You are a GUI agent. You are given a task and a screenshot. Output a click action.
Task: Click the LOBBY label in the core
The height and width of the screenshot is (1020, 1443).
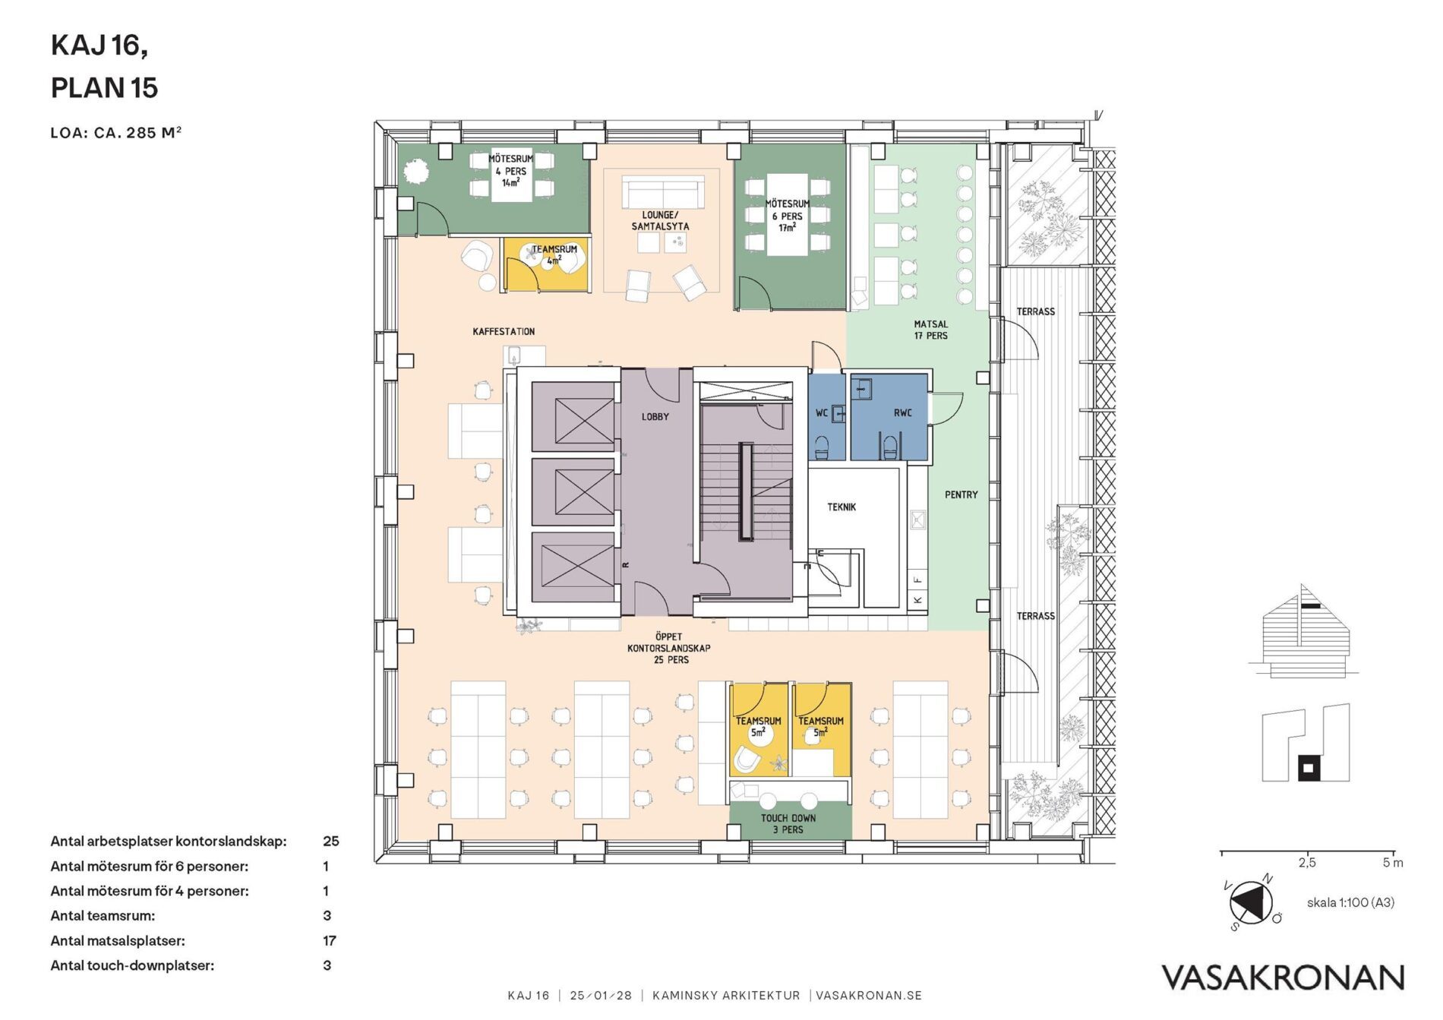pyautogui.click(x=655, y=416)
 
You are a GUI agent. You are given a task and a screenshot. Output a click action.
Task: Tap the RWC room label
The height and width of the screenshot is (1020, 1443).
pyautogui.click(x=902, y=413)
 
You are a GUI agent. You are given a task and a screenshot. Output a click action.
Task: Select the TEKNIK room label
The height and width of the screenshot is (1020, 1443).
pyautogui.click(x=841, y=507)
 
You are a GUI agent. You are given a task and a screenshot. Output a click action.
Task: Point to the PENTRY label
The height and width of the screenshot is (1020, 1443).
pyautogui.click(x=961, y=494)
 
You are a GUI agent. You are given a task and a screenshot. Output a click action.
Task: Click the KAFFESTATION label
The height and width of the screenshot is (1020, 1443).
pyautogui.click(x=504, y=331)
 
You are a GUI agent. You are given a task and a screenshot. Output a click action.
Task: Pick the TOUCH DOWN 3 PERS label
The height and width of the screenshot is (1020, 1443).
pyautogui.click(x=788, y=823)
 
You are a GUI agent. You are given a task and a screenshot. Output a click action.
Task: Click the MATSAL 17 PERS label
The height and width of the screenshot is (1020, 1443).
pyautogui.click(x=930, y=330)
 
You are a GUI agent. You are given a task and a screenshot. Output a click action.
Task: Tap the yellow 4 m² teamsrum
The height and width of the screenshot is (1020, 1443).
pyautogui.click(x=545, y=264)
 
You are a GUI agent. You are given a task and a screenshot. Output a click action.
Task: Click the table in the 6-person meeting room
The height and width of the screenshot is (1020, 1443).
pyautogui.click(x=787, y=215)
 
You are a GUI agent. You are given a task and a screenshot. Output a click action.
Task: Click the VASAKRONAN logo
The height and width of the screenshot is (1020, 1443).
pyautogui.click(x=1283, y=977)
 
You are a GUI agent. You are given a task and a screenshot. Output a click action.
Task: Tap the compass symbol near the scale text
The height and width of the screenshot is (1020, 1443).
pyautogui.click(x=1251, y=902)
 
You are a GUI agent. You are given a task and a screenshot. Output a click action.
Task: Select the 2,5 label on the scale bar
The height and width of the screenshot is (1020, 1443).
pyautogui.click(x=1307, y=863)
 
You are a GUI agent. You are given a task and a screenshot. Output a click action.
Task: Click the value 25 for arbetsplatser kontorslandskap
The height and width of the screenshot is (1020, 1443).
pyautogui.click(x=331, y=841)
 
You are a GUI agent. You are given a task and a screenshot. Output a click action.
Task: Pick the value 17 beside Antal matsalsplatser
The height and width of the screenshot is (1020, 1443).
pyautogui.click(x=330, y=940)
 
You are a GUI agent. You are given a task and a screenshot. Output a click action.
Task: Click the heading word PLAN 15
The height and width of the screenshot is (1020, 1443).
pyautogui.click(x=104, y=88)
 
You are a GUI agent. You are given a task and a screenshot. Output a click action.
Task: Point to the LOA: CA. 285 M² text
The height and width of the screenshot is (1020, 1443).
pyautogui.click(x=116, y=132)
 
